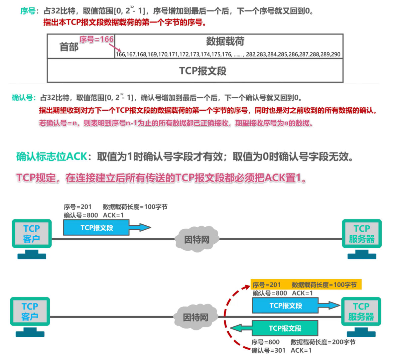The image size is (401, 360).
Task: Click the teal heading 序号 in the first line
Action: click(x=28, y=11)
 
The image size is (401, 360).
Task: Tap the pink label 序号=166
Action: click(x=96, y=39)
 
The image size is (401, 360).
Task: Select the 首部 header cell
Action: click(x=69, y=47)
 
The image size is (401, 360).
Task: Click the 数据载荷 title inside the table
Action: click(x=225, y=42)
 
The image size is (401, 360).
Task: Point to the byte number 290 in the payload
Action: click(x=335, y=54)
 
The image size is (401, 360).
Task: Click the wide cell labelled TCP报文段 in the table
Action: click(x=202, y=71)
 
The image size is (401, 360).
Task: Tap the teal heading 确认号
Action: click(x=23, y=97)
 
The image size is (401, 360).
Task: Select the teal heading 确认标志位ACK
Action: click(x=52, y=156)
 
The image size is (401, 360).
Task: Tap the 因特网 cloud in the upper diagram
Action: click(x=197, y=239)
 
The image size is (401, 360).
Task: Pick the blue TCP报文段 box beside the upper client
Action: click(x=96, y=228)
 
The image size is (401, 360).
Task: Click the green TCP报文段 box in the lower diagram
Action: click(x=285, y=328)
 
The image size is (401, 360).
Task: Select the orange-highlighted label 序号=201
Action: click(x=267, y=285)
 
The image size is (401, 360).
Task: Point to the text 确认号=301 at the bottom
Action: click(x=268, y=350)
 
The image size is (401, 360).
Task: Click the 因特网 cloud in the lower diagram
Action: click(x=196, y=317)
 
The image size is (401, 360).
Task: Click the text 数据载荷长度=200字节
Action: click(x=323, y=342)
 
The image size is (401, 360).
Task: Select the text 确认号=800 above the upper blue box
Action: click(x=81, y=215)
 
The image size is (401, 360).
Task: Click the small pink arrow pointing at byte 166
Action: click(x=117, y=48)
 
